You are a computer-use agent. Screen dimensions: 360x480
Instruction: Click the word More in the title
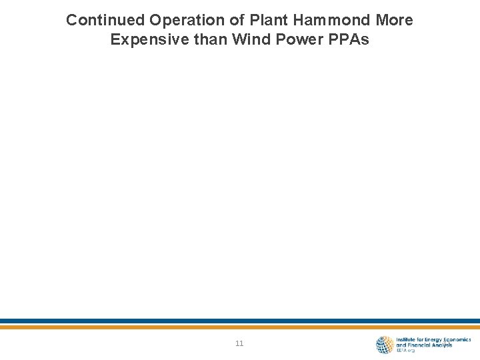point(393,20)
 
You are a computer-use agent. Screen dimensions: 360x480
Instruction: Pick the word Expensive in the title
point(144,40)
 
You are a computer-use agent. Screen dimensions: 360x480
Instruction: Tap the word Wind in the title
point(248,40)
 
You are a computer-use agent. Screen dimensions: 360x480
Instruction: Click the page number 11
point(239,344)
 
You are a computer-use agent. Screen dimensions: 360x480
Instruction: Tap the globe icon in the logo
point(385,344)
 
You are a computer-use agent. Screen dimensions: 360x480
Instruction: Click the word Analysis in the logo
point(441,345)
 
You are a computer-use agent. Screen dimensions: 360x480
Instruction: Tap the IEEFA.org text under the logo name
point(405,350)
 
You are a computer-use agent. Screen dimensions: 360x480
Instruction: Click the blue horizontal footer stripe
point(240,321)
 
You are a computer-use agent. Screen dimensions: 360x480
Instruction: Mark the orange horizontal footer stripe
point(240,327)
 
